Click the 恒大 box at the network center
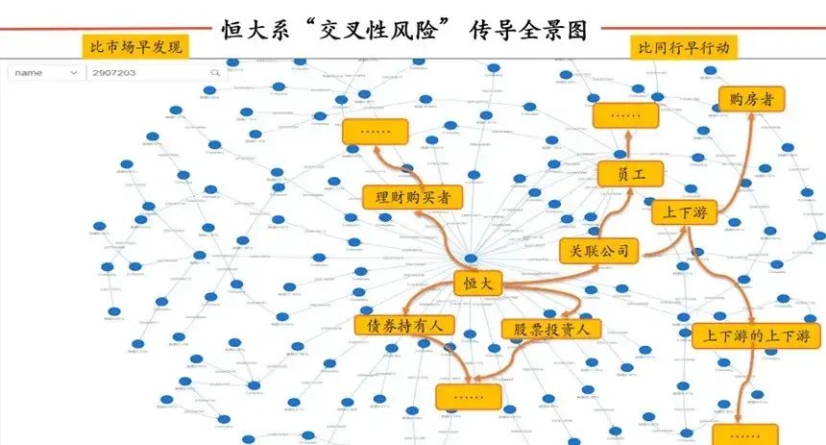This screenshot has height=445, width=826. [x=478, y=284]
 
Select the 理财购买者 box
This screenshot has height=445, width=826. [x=412, y=197]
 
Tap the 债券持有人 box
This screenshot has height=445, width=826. [x=403, y=326]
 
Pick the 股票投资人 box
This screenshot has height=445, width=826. [x=550, y=329]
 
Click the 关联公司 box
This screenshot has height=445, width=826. [x=599, y=251]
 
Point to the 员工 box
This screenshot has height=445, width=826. [x=630, y=174]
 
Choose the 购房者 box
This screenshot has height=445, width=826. [x=751, y=99]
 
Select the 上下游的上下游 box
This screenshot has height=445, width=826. [x=756, y=335]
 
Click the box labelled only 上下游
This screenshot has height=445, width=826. [x=685, y=212]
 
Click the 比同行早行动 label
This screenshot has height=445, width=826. [x=683, y=47]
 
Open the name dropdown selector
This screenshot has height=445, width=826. [x=46, y=73]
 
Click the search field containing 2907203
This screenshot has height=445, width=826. [x=144, y=73]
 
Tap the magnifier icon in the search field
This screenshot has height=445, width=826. [x=214, y=73]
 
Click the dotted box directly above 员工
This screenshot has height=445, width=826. [x=625, y=115]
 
